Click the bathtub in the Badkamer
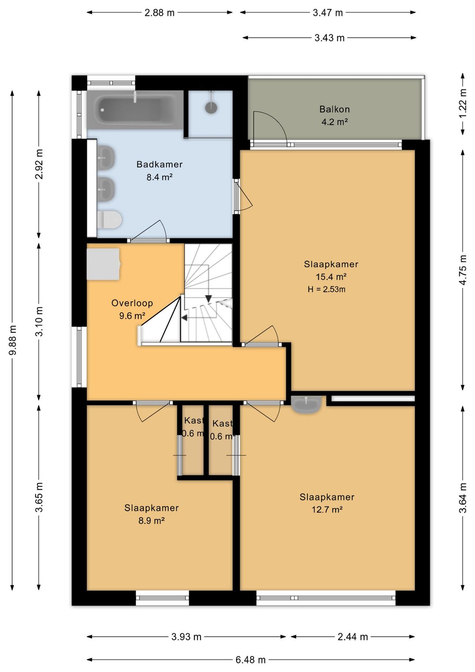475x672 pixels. [x=135, y=110]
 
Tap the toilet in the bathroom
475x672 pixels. [x=110, y=220]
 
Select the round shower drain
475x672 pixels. [x=212, y=107]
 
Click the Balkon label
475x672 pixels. [x=334, y=109]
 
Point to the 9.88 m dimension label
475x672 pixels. [x=13, y=340]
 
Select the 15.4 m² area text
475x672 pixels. [x=331, y=277]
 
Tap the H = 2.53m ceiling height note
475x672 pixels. [x=326, y=289]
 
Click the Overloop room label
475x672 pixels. [x=132, y=303]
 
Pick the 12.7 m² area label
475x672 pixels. [x=327, y=510]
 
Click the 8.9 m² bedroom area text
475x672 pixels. [x=151, y=521]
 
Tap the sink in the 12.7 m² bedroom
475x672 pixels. [x=306, y=404]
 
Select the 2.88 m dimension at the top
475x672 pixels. [x=159, y=13]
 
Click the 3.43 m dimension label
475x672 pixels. [x=329, y=38]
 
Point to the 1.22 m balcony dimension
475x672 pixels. [x=463, y=104]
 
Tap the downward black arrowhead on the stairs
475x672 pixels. [x=208, y=299]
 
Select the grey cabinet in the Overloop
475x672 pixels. [x=103, y=264]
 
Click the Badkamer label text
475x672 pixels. [x=159, y=164]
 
